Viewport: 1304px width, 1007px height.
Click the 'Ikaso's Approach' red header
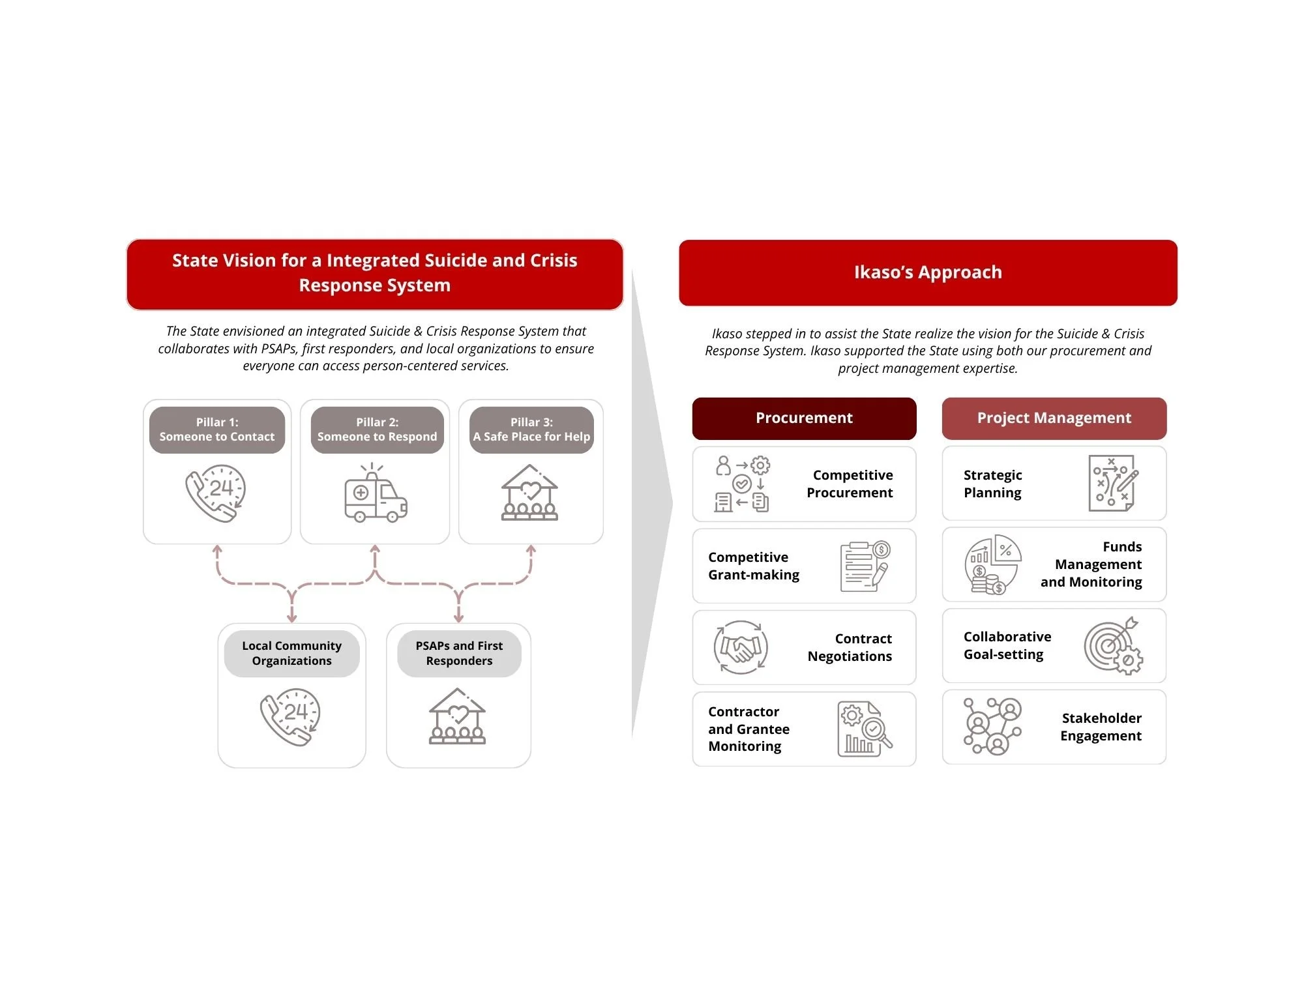tap(927, 272)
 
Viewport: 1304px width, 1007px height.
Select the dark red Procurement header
tap(804, 418)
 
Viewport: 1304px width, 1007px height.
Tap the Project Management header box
tap(1054, 418)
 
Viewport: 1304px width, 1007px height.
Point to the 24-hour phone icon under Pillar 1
tap(216, 493)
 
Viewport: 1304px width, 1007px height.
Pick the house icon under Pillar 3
tap(529, 493)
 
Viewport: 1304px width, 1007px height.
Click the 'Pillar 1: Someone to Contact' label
tap(217, 430)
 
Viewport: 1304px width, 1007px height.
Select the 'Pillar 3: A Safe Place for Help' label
tap(531, 430)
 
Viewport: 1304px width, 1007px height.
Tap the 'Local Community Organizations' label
tap(291, 653)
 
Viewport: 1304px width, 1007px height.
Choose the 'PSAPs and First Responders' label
tap(459, 653)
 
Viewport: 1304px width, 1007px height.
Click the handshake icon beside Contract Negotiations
tap(741, 647)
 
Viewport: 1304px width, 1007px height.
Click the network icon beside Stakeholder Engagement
tap(992, 726)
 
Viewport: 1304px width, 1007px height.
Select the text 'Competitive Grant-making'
tap(754, 566)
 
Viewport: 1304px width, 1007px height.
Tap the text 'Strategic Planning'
tap(992, 484)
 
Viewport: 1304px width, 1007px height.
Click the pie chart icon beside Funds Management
tap(992, 565)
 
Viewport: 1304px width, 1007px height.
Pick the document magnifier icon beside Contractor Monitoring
tap(864, 729)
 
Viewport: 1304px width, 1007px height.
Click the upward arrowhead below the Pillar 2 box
tap(375, 550)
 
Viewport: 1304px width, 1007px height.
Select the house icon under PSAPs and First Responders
tap(457, 716)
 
